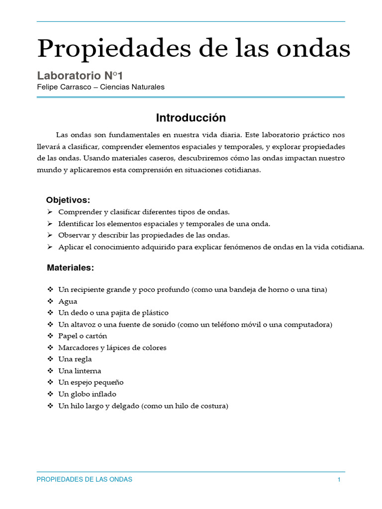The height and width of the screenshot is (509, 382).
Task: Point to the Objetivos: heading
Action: point(68,200)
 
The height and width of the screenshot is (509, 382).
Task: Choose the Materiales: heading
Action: point(70,267)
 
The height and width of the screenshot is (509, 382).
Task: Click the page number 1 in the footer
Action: point(339,479)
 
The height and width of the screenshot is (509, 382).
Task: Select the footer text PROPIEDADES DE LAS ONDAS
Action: point(85,479)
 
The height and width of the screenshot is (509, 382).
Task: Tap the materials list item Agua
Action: point(68,301)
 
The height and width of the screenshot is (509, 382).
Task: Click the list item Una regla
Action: point(75,359)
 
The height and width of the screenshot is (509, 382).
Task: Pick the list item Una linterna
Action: point(80,371)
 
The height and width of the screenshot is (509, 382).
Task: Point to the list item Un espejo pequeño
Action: point(91,382)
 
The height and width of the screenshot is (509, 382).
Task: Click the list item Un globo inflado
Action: point(87,394)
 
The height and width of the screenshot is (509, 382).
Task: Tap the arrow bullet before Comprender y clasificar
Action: point(50,212)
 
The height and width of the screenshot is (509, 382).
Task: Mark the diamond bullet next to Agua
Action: point(50,301)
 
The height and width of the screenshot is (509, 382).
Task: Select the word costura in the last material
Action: point(211,406)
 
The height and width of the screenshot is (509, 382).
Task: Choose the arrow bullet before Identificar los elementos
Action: point(50,224)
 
